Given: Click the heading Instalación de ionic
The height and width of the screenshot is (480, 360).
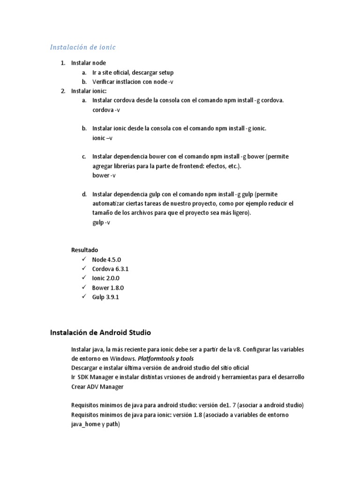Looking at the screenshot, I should click(82, 47).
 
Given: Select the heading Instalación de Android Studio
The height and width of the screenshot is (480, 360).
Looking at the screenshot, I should click(100, 333).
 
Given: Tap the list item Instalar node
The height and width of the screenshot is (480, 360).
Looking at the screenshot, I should click(88, 63).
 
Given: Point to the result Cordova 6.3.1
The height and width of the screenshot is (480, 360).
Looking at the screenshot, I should click(110, 269).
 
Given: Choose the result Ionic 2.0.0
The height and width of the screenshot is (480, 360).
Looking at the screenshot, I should click(106, 278).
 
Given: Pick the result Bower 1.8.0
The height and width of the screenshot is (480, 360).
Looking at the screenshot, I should click(108, 287).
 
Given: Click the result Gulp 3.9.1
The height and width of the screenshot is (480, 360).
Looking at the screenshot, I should click(105, 297).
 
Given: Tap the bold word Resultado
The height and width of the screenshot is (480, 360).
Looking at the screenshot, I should click(84, 250).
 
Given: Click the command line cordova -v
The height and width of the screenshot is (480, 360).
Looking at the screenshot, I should click(106, 110).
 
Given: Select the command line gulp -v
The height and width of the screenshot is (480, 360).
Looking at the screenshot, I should click(101, 223).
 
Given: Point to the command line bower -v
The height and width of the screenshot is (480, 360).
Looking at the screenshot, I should click(104, 175).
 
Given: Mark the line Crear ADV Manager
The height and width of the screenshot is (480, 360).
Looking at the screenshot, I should click(97, 387).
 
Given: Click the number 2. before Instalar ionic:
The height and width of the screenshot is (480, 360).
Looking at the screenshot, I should click(63, 91).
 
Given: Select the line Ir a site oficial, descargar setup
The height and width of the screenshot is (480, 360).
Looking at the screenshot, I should click(133, 73).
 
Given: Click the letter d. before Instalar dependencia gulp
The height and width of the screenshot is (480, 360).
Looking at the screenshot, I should click(84, 194).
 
